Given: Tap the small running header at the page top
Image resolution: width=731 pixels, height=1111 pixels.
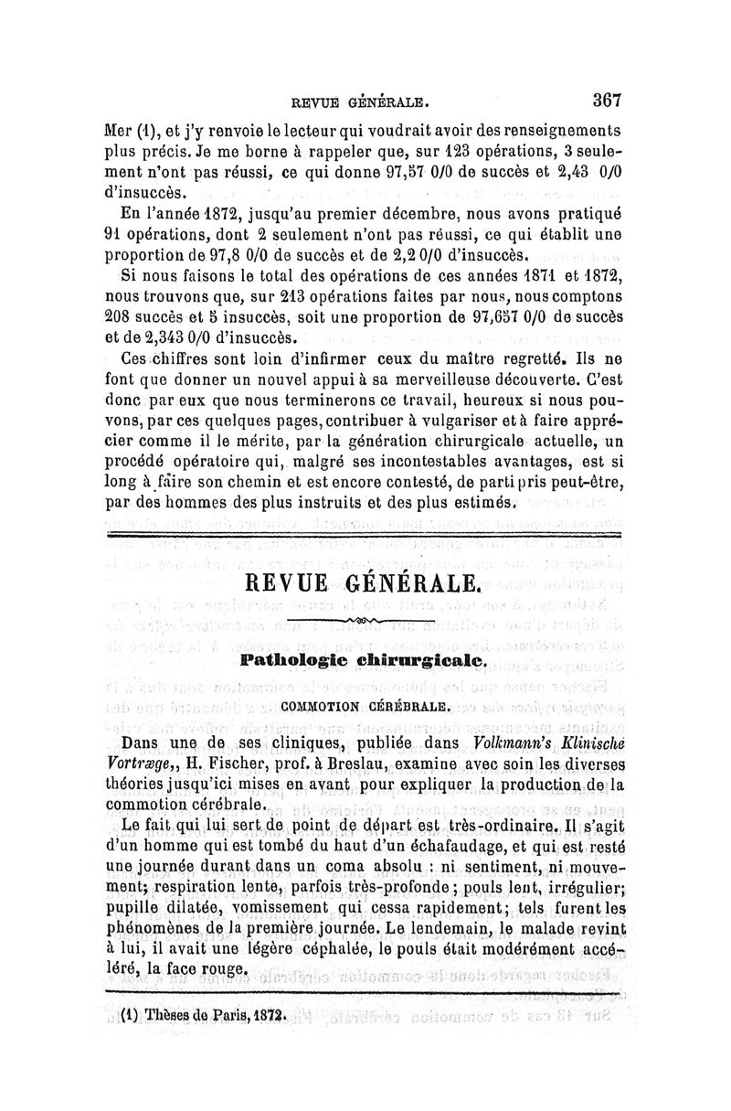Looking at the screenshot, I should point(360,101).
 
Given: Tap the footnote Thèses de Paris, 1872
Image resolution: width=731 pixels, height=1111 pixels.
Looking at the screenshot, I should point(205,1015).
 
